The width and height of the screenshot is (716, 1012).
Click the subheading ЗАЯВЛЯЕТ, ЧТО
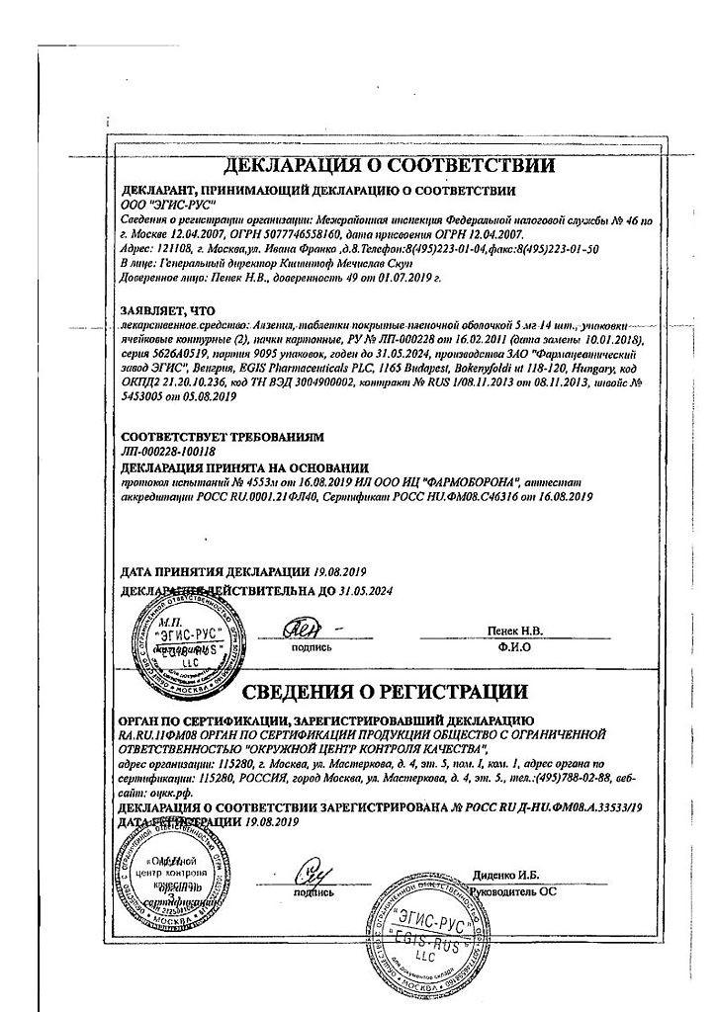point(167,309)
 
